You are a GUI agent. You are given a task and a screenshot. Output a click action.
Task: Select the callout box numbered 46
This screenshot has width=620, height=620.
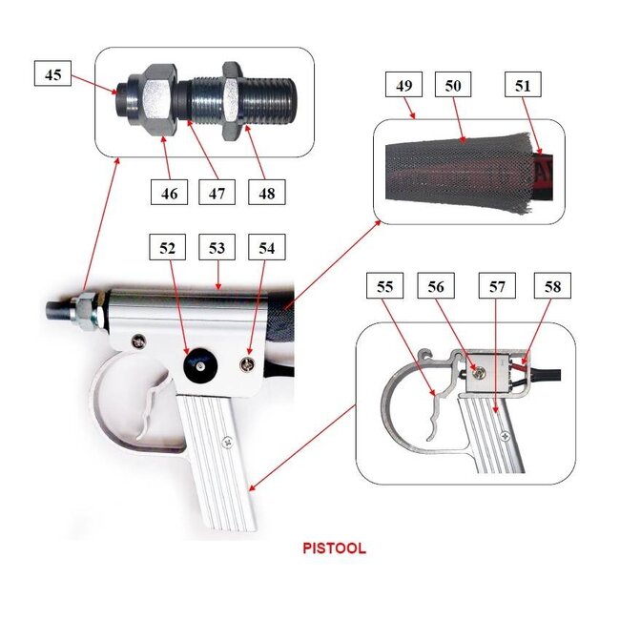click(169, 192)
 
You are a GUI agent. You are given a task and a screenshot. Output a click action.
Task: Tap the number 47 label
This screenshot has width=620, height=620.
click(217, 192)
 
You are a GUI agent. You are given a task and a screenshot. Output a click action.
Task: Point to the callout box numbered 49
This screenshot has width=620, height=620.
click(404, 86)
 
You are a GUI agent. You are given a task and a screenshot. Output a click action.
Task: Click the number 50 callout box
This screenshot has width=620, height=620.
click(452, 86)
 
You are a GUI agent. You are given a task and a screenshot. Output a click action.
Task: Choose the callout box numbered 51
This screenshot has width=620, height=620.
click(523, 86)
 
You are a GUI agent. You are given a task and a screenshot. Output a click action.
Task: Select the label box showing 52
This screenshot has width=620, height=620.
click(169, 248)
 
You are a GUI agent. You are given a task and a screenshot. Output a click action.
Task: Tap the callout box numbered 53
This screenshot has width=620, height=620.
click(217, 248)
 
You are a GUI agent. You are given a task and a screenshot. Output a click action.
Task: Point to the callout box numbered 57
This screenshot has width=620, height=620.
click(500, 286)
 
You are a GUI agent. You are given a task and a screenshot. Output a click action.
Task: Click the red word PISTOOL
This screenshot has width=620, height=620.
click(334, 549)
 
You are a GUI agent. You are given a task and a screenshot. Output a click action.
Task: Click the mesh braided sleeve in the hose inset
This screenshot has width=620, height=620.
click(448, 172)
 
